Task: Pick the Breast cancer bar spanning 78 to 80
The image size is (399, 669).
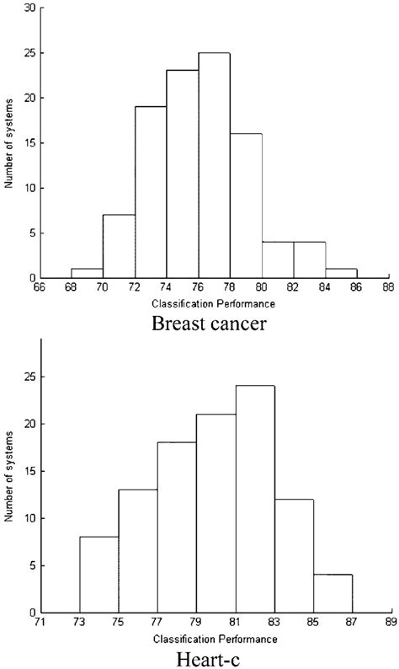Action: click(245, 206)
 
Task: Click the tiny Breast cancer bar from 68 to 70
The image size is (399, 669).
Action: click(86, 273)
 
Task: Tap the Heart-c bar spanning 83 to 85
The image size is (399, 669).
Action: click(294, 556)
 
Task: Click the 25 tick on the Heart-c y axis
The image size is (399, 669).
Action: click(36, 376)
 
